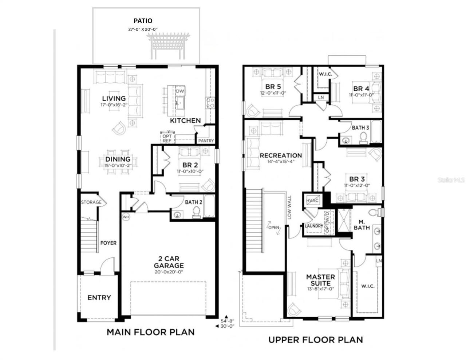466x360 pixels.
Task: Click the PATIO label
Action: tap(143, 21)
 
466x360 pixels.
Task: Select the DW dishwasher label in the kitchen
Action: tap(180, 91)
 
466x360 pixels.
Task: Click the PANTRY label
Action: tap(206, 141)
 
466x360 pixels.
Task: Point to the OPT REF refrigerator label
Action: tap(167, 139)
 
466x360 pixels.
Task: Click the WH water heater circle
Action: tap(126, 217)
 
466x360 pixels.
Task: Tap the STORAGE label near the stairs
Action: tap(91, 202)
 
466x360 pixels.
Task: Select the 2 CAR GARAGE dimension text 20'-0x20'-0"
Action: tap(169, 272)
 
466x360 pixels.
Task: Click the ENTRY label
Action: tap(99, 298)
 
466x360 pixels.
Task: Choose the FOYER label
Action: tap(108, 243)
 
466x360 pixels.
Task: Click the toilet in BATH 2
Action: tap(197, 212)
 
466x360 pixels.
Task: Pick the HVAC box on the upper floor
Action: tap(312, 201)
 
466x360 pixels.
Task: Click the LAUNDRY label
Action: tap(314, 226)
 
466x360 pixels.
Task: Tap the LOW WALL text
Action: tap(290, 207)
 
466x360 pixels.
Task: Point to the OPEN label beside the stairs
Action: tap(274, 228)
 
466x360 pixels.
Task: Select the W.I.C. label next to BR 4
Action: tap(325, 74)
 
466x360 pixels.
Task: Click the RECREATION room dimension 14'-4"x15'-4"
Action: tap(281, 162)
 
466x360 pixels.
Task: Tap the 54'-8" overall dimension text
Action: tap(228, 321)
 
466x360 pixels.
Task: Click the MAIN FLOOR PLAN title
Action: tap(150, 332)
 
